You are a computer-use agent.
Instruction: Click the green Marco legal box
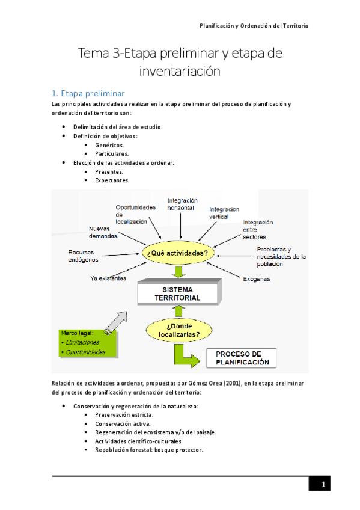(88, 343)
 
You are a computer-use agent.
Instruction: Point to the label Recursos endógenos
(84, 256)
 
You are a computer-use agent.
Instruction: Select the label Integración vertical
(224, 213)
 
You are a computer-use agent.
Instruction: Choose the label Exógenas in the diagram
(256, 279)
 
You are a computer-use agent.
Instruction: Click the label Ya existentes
(108, 278)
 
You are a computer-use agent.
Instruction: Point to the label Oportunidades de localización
(135, 215)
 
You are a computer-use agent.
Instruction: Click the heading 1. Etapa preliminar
(88, 93)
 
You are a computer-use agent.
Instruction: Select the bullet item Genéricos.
(109, 145)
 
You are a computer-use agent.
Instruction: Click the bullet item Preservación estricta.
(124, 415)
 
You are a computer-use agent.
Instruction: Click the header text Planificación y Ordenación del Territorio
(254, 26)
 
